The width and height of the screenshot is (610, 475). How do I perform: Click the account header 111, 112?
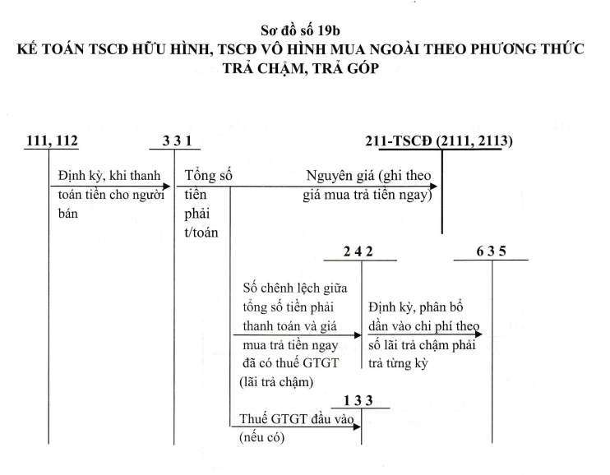point(52,141)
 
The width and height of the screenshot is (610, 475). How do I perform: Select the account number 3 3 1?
point(178,141)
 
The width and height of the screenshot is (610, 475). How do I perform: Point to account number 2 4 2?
point(358,251)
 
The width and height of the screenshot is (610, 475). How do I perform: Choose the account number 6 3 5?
point(491,251)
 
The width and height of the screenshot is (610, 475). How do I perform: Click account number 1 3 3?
point(358,400)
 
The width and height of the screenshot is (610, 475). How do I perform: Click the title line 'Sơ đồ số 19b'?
point(300,30)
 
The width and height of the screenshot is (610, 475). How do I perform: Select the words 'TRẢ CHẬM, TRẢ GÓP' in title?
point(301,68)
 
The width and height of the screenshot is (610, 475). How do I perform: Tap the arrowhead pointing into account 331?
point(167,187)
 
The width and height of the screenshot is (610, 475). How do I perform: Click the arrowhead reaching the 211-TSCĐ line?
point(433,187)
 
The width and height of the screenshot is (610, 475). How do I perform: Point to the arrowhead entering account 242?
point(358,335)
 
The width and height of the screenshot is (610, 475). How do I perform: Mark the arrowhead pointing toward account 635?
point(478,334)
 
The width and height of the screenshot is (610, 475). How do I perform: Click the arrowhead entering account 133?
point(357,427)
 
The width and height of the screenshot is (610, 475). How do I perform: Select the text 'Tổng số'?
point(208,175)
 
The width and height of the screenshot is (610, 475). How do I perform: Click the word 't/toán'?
point(201,233)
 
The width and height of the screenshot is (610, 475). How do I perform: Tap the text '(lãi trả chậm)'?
point(276,382)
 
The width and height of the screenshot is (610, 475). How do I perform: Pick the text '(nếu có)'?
point(261,438)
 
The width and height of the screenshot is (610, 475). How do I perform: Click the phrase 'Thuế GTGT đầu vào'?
point(297,419)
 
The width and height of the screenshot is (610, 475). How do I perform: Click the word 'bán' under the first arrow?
point(68,213)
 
